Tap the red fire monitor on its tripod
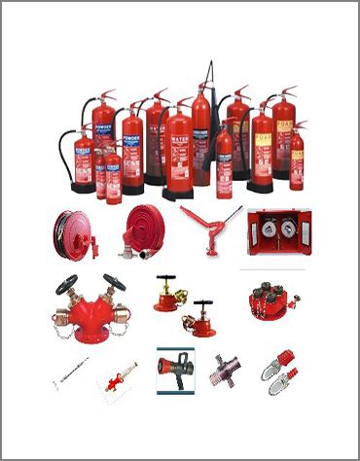tap(211, 225)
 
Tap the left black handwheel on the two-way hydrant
tap(66, 283)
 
